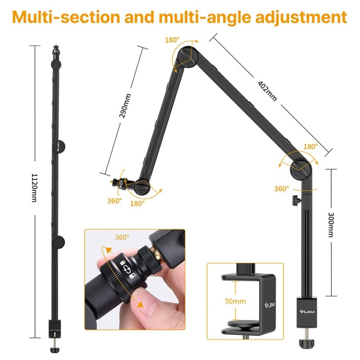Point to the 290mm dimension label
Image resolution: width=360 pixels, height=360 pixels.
[124, 105]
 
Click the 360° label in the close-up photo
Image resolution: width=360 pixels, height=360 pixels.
[122, 238]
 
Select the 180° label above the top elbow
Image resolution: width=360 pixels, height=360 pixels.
[172, 40]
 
